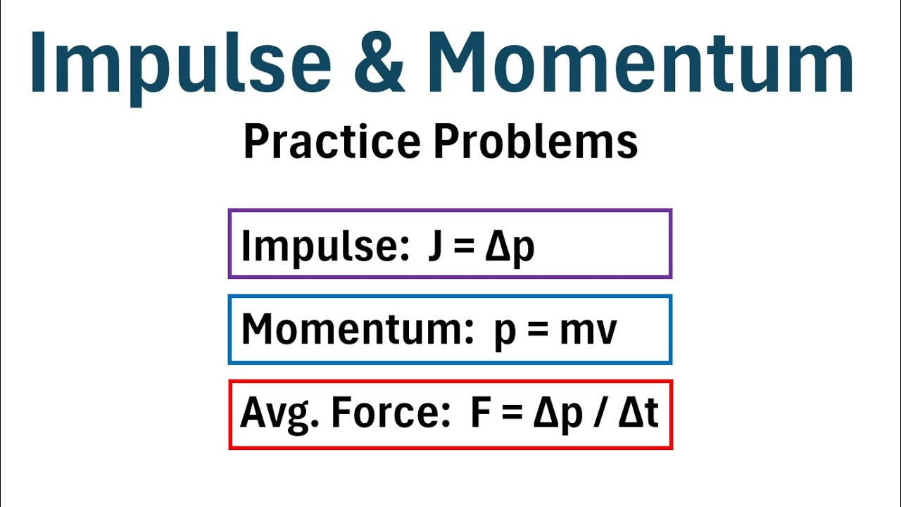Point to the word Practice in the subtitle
pos(332,142)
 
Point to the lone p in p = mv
pos(505,333)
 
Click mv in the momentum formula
pos(588,331)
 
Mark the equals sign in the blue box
pos(538,331)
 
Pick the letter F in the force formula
pos(479,414)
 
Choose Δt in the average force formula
pos(638,414)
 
